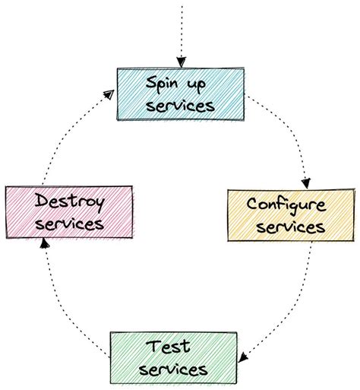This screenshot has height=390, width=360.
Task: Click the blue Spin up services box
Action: tap(181, 93)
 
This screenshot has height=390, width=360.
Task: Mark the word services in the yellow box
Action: tap(292, 226)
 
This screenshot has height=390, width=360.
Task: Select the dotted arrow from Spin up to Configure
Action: tap(285, 137)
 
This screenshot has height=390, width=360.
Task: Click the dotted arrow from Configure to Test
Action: tap(292, 304)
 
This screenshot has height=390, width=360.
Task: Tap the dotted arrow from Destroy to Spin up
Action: tap(72, 133)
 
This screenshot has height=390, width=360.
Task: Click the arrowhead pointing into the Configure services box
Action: tap(305, 182)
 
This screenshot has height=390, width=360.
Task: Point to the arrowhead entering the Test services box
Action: tap(244, 356)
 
